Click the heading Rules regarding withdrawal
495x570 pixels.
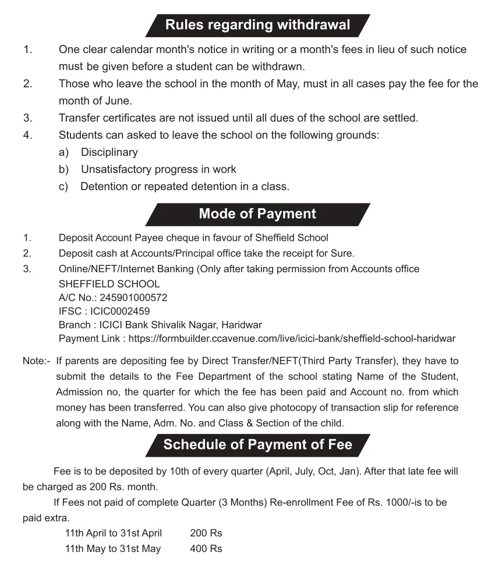pyautogui.click(x=257, y=25)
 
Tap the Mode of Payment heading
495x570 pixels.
pyautogui.click(x=257, y=213)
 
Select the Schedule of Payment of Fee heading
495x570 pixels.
pyautogui.click(x=257, y=445)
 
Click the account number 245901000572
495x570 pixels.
pyautogui.click(x=133, y=298)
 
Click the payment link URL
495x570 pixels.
pyautogui.click(x=292, y=339)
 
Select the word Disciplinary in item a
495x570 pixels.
pyautogui.click(x=109, y=152)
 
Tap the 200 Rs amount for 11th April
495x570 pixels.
pyautogui.click(x=206, y=533)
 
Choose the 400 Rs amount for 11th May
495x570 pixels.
pyautogui.click(x=206, y=548)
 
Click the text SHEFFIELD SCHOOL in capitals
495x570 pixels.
pyautogui.click(x=109, y=284)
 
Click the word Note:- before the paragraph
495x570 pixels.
pyautogui.click(x=37, y=361)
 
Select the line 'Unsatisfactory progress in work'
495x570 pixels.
pyautogui.click(x=158, y=169)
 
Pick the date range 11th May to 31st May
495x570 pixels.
pyautogui.click(x=113, y=548)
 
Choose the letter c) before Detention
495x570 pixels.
pyautogui.click(x=63, y=187)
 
